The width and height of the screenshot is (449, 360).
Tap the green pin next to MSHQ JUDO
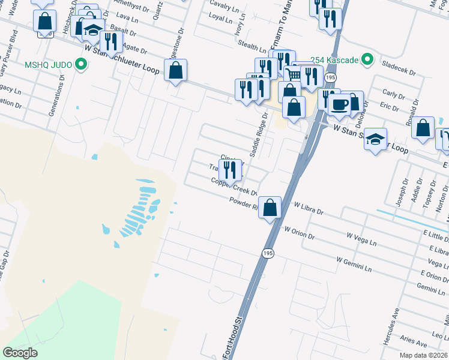point(79,64)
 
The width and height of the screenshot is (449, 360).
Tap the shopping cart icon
point(292,75)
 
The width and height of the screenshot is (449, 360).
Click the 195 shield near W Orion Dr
point(267,254)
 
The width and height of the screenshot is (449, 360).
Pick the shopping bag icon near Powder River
point(271,208)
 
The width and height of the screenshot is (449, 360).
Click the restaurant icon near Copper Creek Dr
point(230,169)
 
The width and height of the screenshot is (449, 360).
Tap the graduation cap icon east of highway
point(376,139)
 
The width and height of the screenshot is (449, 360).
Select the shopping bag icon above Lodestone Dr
point(175,70)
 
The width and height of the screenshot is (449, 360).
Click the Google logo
point(20,353)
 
